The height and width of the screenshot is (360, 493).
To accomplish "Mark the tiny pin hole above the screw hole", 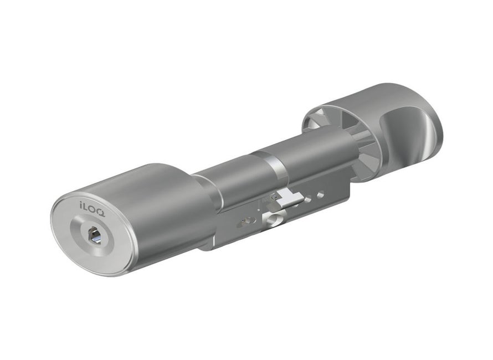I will coord(273,206).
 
